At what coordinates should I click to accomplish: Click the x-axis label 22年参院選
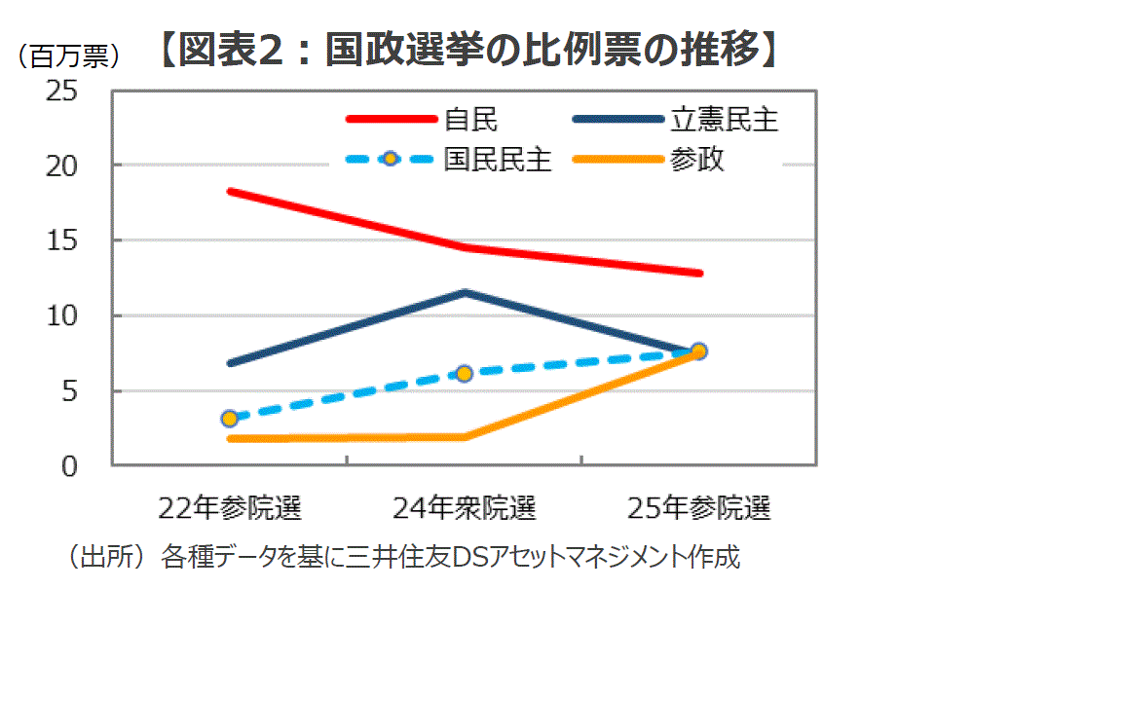pos(230,507)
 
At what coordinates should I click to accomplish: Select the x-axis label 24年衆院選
pos(465,507)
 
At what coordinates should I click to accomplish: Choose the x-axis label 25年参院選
pos(699,507)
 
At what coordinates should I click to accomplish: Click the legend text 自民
pos(470,120)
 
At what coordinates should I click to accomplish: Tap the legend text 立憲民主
pos(724,120)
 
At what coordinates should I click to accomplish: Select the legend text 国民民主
pos(498,159)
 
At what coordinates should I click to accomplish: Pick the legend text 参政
pos(696,159)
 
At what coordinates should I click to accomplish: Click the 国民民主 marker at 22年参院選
pos(230,419)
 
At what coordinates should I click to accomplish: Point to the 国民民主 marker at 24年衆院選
pos(465,373)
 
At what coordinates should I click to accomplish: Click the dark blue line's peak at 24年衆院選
pos(466,292)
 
